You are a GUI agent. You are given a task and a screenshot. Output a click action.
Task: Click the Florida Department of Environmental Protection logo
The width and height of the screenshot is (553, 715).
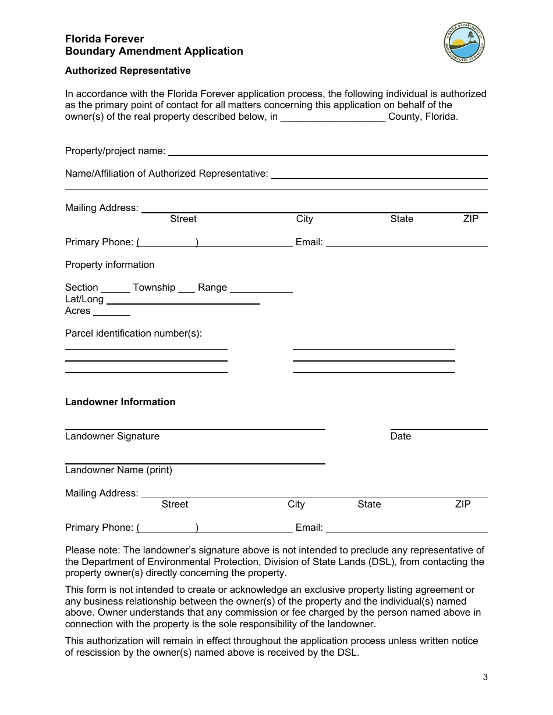point(464,43)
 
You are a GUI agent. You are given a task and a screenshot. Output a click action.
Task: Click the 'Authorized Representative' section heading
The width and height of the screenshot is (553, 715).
point(127,71)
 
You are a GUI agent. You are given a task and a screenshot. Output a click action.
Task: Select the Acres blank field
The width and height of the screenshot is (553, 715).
point(111,313)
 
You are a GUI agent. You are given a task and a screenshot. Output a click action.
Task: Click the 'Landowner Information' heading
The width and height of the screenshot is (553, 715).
point(120,402)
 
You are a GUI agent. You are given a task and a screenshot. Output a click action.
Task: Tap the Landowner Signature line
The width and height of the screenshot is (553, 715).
point(195,427)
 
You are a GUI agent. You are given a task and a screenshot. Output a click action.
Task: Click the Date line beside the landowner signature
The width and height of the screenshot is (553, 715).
point(438,427)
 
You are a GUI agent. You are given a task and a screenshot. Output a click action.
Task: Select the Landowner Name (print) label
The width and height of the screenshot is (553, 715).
point(119,470)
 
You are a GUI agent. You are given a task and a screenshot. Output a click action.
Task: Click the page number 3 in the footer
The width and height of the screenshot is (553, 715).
point(485,677)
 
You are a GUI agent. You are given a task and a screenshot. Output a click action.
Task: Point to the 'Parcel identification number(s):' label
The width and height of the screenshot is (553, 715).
point(133,334)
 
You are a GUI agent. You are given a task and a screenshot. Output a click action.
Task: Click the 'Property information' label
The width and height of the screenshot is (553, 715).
point(109,265)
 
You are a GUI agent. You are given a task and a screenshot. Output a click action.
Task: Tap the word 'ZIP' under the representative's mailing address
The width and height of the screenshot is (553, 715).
point(470,219)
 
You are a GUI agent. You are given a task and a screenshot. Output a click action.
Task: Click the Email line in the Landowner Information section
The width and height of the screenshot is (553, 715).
point(406,530)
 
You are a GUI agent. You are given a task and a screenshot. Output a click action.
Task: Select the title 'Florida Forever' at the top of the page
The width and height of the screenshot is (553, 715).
point(105,39)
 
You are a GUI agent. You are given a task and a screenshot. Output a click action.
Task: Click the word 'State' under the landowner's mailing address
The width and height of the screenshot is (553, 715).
point(369,505)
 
